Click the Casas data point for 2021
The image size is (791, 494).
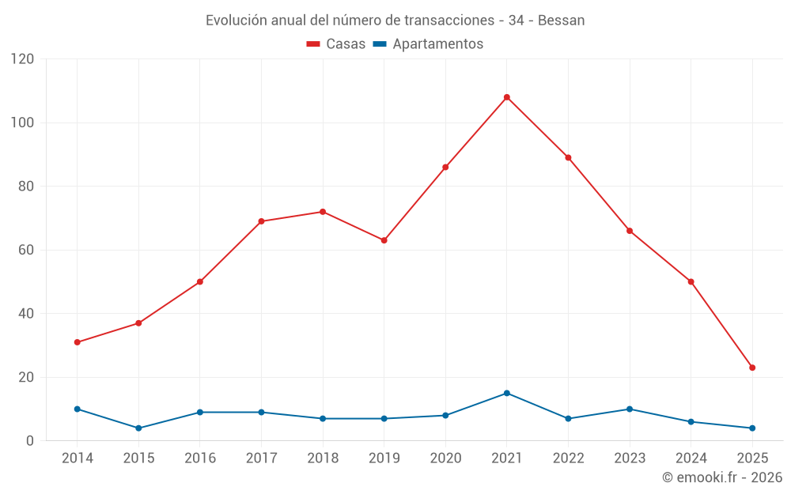[507, 97]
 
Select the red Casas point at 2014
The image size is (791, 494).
[78, 342]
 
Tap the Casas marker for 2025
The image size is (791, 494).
[752, 368]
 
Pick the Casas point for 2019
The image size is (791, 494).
[384, 240]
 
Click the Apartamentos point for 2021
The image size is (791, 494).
[507, 393]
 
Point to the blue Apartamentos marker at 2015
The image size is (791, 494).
[138, 428]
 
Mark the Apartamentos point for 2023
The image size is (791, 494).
[630, 409]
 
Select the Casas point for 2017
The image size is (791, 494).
[262, 221]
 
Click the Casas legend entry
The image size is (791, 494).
[336, 44]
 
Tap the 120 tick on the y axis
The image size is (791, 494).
[23, 59]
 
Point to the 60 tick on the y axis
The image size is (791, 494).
[26, 250]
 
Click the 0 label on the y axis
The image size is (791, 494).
[30, 441]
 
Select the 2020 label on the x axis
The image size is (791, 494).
[445, 458]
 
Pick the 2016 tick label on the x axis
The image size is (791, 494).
[200, 458]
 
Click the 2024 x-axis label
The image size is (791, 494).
[691, 458]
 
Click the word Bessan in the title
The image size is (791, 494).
[561, 21]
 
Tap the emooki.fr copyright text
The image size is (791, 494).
[721, 477]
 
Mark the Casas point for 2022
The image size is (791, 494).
[568, 157]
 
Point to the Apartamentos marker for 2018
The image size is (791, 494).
[323, 418]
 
